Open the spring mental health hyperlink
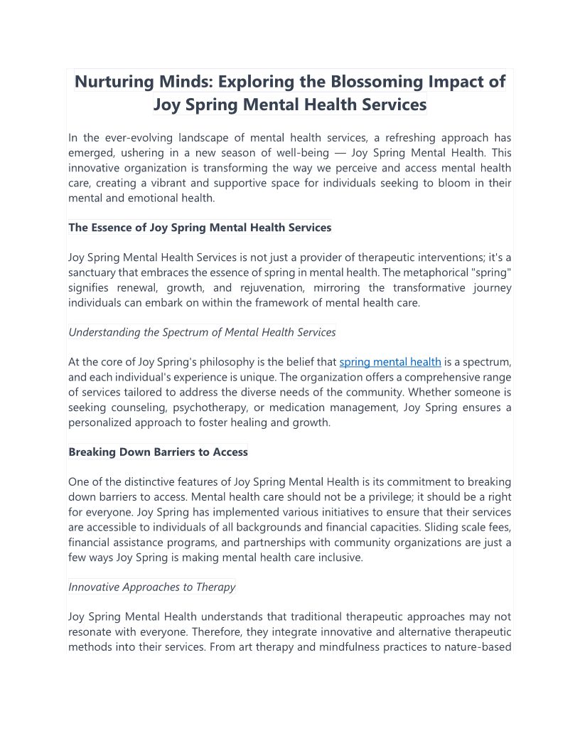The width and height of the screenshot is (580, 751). click(x=390, y=362)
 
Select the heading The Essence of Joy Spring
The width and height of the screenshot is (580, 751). click(x=200, y=228)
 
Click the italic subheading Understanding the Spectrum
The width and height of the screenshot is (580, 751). click(x=202, y=332)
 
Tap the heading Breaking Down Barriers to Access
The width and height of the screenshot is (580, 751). click(x=158, y=452)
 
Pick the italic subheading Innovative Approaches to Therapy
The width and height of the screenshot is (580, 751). click(x=151, y=587)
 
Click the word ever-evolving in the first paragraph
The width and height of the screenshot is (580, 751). click(x=137, y=138)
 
